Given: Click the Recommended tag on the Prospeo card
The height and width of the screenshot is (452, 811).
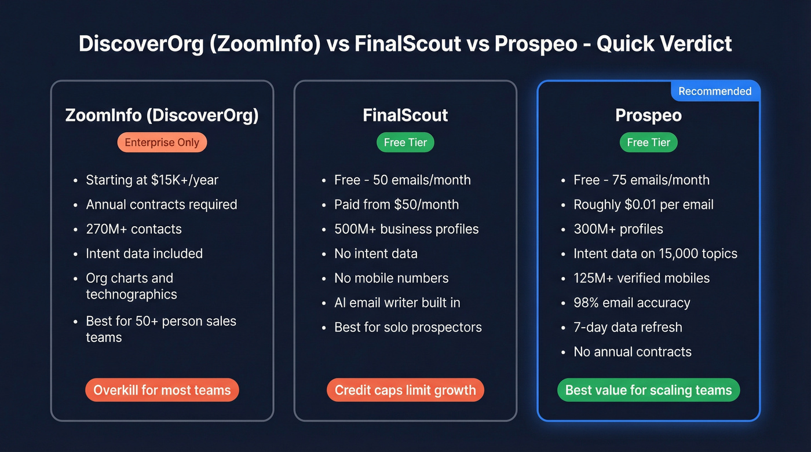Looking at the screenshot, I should click(715, 91).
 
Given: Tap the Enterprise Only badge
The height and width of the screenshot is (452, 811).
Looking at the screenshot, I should click(162, 142).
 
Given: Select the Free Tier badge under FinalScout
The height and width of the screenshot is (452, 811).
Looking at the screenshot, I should click(405, 142).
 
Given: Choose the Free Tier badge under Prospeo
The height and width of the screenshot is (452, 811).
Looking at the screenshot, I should click(648, 142).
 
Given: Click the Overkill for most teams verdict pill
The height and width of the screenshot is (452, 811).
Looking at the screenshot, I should click(162, 390).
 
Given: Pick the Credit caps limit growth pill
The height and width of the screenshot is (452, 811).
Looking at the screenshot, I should click(405, 390).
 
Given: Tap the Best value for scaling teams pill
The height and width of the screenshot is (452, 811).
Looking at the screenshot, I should click(648, 390).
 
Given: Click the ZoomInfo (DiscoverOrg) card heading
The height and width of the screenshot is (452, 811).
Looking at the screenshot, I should click(162, 115).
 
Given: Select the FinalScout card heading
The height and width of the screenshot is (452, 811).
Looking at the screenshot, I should click(405, 115).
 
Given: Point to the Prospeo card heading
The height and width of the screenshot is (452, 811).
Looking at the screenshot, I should click(648, 115).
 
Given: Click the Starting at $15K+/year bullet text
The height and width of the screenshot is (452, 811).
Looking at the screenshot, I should click(152, 180).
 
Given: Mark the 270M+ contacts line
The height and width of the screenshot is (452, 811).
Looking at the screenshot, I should click(134, 229).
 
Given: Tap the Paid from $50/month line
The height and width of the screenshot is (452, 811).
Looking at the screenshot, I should click(396, 204).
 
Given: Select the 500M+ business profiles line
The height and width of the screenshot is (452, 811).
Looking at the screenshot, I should click(406, 229).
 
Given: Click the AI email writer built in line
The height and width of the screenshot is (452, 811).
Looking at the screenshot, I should click(397, 303).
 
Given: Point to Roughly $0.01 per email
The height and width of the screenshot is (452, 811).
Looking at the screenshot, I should click(643, 204).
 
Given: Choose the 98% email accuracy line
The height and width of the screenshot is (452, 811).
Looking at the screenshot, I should click(631, 303).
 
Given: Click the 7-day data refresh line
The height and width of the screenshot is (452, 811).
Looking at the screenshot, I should click(627, 327).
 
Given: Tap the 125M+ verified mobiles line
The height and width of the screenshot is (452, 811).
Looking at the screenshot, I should click(641, 278).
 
